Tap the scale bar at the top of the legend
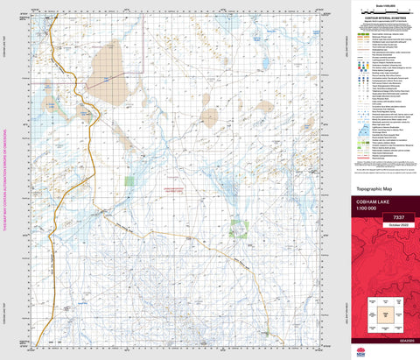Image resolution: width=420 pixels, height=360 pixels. click(x=383, y=8)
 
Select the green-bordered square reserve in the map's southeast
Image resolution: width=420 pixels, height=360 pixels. click(x=239, y=229)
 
